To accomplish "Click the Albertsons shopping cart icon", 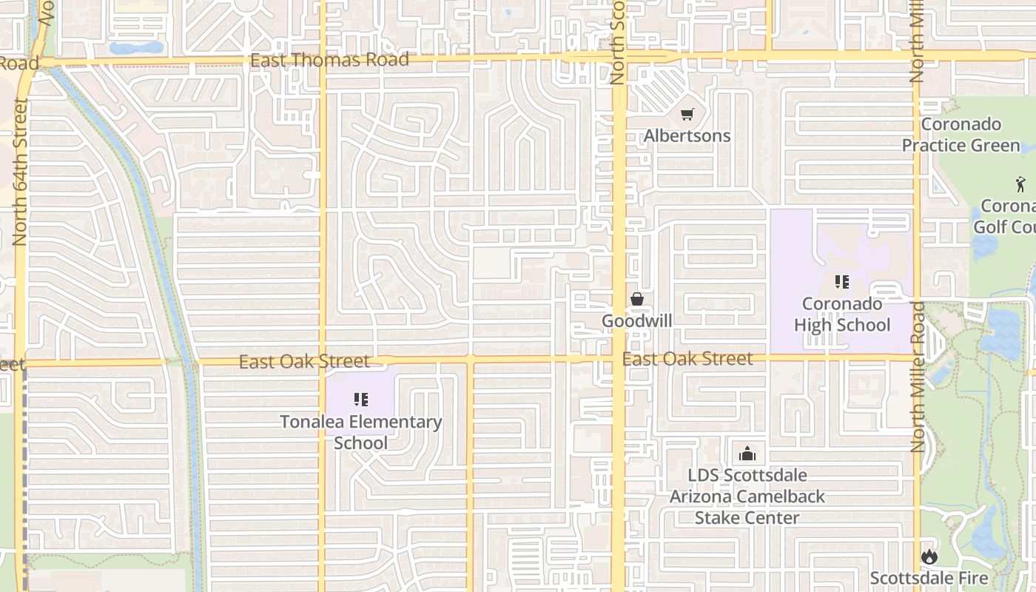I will [687, 115].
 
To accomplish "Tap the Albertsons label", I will [687, 136].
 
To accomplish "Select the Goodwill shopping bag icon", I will [636, 299].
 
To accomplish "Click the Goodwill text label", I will [636, 321].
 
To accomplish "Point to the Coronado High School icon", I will [841, 281].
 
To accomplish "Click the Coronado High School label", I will [842, 314].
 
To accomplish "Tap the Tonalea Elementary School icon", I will [361, 400].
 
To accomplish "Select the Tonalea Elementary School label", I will [361, 432].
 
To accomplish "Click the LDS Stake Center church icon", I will [747, 453].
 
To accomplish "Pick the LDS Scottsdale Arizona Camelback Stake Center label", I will [747, 497].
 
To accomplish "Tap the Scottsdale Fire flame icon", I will [929, 556].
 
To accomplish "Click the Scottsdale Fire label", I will [929, 578].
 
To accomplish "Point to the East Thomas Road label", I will [329, 60].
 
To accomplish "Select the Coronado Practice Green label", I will [961, 135].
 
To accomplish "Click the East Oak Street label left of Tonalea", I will [304, 361].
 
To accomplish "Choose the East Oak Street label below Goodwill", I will [687, 359].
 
